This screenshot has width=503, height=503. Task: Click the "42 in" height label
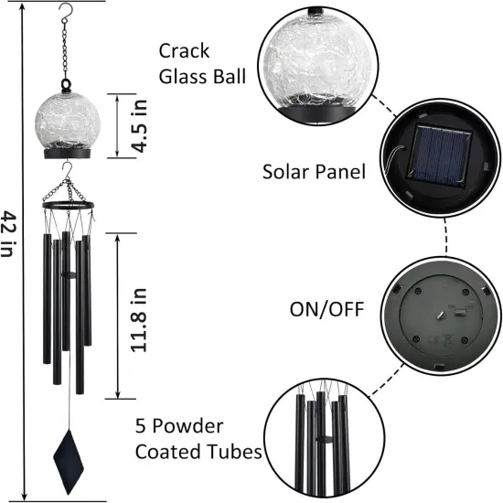(x=8, y=233)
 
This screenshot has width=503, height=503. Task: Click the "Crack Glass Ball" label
(x=202, y=63)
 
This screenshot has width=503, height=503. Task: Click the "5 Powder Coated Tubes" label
(x=199, y=439)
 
